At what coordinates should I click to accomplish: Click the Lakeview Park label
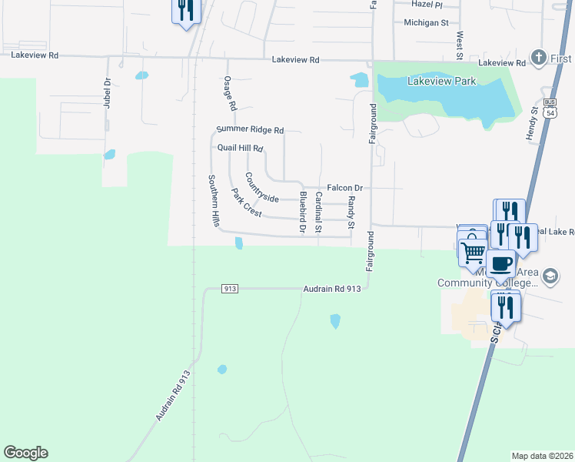tap(442, 81)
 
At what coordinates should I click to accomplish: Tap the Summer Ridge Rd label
tap(251, 130)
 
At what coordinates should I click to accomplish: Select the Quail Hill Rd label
tap(241, 148)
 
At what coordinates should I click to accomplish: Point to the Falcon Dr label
tap(344, 187)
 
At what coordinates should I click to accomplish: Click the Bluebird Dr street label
tap(303, 212)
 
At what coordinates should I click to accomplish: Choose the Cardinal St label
tap(318, 213)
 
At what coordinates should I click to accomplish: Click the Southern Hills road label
tap(214, 200)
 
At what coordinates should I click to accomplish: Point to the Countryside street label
tap(261, 187)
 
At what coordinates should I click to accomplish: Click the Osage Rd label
tap(228, 92)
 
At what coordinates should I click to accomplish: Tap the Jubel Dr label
tap(108, 93)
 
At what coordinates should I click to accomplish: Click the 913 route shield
tap(229, 289)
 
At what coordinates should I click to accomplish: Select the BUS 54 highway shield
tap(549, 107)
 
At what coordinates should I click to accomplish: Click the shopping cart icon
tap(474, 249)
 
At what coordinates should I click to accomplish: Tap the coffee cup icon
tap(500, 263)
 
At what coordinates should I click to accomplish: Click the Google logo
tap(25, 453)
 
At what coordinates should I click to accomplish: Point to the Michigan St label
tap(426, 23)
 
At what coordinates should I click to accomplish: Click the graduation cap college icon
tap(549, 275)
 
